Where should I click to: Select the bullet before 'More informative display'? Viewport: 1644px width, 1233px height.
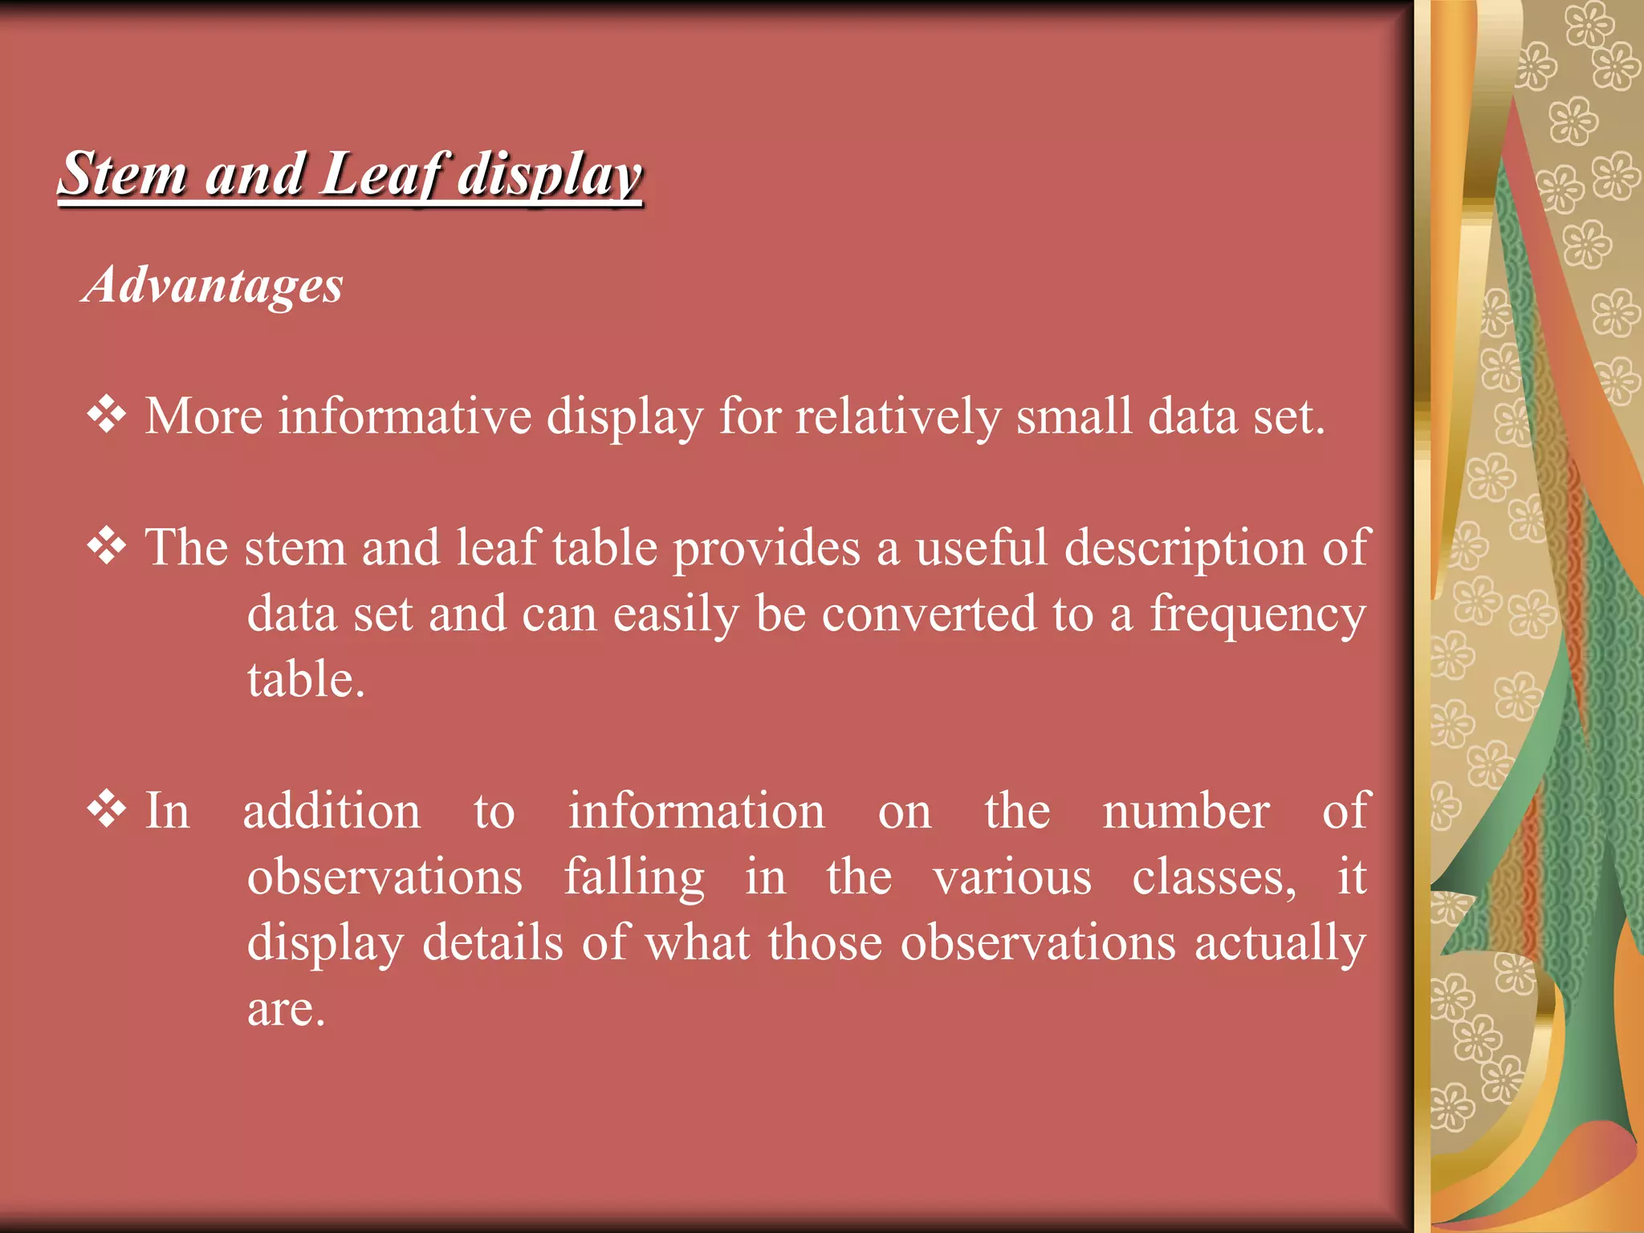107,415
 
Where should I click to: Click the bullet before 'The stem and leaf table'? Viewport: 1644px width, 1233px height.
107,547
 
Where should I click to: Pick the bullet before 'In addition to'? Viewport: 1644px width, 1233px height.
107,809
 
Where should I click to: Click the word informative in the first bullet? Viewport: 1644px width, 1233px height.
405,417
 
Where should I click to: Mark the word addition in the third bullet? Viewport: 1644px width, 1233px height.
332,811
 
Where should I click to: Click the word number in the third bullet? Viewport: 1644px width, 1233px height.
1186,811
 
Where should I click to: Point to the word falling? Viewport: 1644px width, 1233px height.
634,878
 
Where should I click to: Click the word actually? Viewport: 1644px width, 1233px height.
1280,944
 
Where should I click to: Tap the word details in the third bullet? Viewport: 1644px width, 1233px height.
492,943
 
